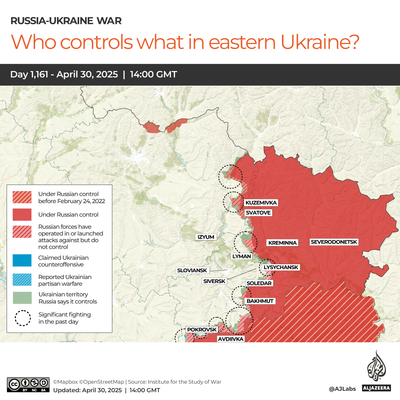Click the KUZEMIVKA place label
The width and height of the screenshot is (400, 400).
tap(261, 203)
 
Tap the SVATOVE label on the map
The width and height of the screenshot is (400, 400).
tap(258, 213)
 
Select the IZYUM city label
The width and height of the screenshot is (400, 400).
tap(206, 237)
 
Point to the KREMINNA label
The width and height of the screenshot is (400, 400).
tap(282, 243)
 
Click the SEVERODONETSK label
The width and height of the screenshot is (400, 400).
tap(334, 242)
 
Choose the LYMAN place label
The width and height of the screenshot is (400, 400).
tap(242, 256)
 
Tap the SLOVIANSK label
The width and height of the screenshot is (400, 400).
tap(192, 270)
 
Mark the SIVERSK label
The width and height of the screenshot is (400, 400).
tap(214, 281)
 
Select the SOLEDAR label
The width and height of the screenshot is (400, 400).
tap(259, 283)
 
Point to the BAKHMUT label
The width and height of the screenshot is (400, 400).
tap(260, 301)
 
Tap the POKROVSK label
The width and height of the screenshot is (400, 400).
tap(202, 329)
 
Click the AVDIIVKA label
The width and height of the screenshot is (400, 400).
tap(231, 339)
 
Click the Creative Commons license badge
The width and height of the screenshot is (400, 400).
tap(28, 384)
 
